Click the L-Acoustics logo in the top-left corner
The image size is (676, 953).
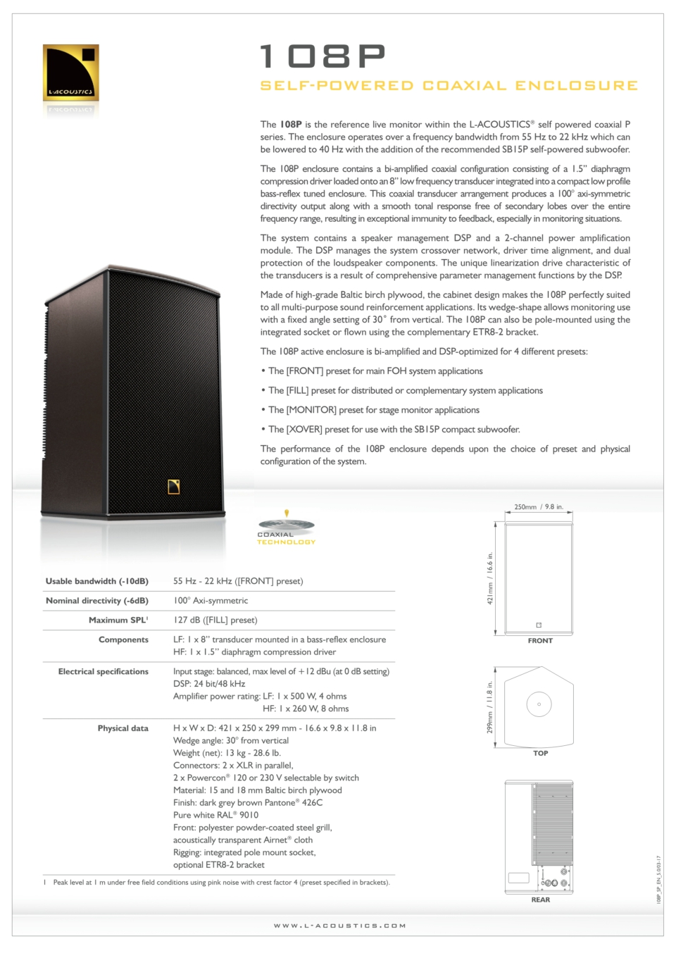70,73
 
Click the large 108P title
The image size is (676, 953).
323,56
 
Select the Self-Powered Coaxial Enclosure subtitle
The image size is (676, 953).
449,86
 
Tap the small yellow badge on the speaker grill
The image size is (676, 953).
174,486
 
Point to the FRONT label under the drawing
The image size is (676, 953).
540,641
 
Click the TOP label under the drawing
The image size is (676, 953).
540,754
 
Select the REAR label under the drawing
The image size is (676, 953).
540,899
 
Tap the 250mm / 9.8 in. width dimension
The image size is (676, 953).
539,507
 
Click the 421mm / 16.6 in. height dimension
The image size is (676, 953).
490,578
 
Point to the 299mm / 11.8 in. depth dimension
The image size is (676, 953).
490,707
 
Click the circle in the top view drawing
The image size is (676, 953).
539,704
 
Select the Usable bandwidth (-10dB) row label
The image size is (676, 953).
97,581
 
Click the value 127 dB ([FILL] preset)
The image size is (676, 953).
215,621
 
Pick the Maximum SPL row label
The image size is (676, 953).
118,621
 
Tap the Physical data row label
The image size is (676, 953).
123,728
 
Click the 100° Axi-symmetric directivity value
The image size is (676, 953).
211,601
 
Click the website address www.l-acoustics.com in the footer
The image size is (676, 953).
339,926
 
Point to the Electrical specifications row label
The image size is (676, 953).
104,672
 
